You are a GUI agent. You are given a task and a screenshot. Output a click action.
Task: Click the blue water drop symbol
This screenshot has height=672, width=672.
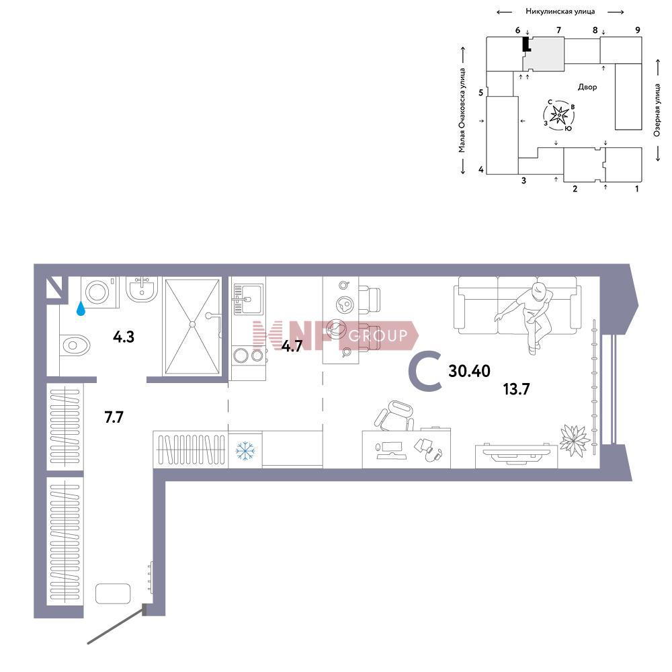click(81, 308)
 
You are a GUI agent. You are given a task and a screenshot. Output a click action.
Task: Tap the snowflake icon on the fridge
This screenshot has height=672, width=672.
click(245, 452)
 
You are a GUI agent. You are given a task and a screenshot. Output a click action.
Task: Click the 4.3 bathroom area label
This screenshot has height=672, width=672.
click(124, 337)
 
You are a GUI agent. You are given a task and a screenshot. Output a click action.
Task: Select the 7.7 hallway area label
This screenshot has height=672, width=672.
click(114, 417)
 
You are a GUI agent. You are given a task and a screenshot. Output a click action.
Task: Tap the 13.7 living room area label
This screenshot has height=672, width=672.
click(516, 389)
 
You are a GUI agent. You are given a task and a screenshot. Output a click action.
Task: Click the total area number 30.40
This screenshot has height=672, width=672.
click(469, 371)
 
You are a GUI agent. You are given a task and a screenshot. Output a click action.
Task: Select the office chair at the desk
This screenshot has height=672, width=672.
click(394, 416)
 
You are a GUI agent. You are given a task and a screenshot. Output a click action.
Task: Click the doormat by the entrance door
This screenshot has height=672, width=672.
click(113, 593)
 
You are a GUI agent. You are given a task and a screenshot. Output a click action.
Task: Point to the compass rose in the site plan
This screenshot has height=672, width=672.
click(559, 115)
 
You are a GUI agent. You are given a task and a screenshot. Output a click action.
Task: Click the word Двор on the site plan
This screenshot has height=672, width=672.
click(587, 87)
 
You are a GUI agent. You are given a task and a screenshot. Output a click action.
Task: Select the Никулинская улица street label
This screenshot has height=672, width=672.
click(560, 11)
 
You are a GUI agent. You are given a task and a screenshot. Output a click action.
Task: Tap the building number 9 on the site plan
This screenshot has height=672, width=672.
click(638, 30)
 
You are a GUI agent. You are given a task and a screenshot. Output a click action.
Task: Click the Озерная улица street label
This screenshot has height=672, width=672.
click(657, 110)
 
